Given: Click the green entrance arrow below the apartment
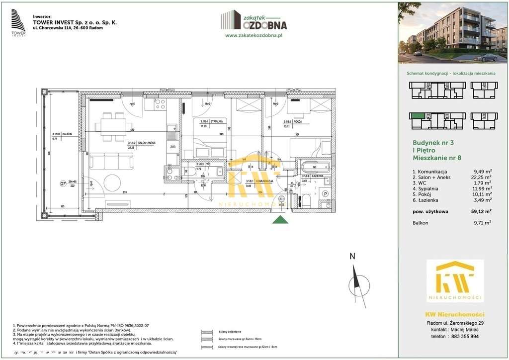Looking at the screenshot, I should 281,220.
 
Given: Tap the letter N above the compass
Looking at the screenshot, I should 352,257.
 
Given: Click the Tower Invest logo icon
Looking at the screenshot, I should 18,23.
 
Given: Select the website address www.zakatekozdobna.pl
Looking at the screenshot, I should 254,36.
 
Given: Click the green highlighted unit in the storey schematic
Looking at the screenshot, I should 417,115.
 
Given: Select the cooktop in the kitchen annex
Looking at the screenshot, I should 160,104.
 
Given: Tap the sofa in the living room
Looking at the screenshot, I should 111,162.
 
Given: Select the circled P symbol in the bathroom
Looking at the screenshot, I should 326,193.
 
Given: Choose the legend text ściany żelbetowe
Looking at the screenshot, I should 230,332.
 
